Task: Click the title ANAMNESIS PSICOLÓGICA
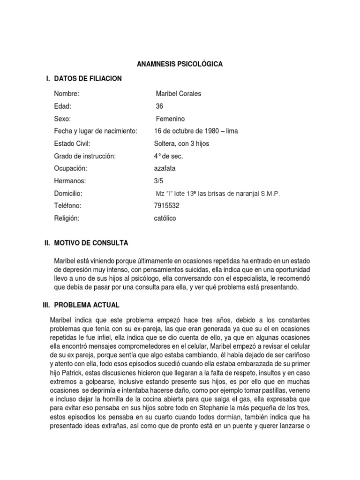pos(180,64)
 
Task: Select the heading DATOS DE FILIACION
pos(88,79)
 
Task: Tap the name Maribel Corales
pos(178,94)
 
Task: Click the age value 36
pos(159,106)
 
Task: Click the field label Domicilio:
pos(68,194)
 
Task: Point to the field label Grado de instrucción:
pos(84,156)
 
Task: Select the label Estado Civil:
pos(72,143)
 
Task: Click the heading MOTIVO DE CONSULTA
pos(91,243)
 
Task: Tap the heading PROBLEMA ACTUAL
pos(87,305)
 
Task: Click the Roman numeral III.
pos(46,305)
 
